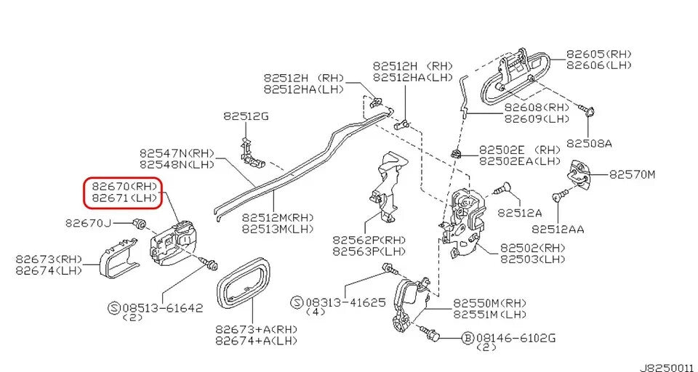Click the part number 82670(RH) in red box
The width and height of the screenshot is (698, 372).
[x=124, y=186]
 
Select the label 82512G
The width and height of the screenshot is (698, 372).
[x=246, y=116]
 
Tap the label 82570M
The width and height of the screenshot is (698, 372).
[x=632, y=174]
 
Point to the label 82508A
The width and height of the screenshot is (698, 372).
[x=589, y=143]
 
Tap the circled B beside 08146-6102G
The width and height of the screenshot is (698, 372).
[x=468, y=337]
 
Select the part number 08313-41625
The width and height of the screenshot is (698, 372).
[x=345, y=302]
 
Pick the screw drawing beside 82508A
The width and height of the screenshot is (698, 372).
[x=587, y=111]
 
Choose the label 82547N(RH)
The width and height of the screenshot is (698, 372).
[x=177, y=153]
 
